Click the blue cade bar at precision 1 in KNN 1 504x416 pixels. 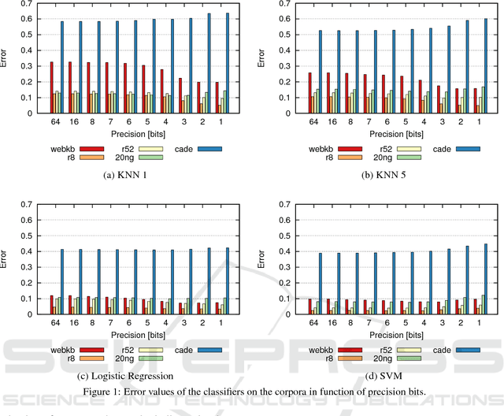(x=228, y=63)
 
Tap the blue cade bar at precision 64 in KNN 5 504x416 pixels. (x=321, y=72)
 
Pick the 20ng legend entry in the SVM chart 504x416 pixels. (x=409, y=358)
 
